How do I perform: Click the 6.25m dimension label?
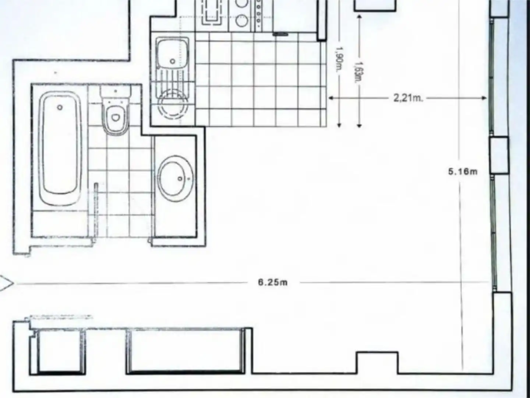pos(273,283)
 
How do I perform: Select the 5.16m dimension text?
pos(463,171)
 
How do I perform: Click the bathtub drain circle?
pos(60,107)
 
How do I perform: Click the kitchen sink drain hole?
pos(172,61)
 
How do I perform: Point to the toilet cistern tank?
pos(116,92)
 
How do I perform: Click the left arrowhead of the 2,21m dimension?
pos(331,98)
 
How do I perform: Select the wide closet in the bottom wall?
pos(185,351)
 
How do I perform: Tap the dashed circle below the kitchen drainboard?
pos(173,105)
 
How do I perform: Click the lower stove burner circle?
pos(241,21)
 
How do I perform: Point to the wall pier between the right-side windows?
pos(499,155)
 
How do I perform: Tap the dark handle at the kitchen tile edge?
pos(280,34)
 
